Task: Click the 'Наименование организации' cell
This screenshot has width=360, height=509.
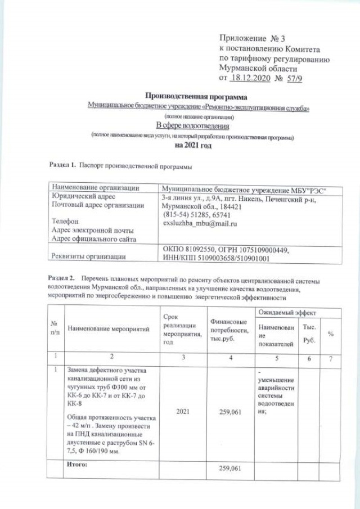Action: tap(95, 187)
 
